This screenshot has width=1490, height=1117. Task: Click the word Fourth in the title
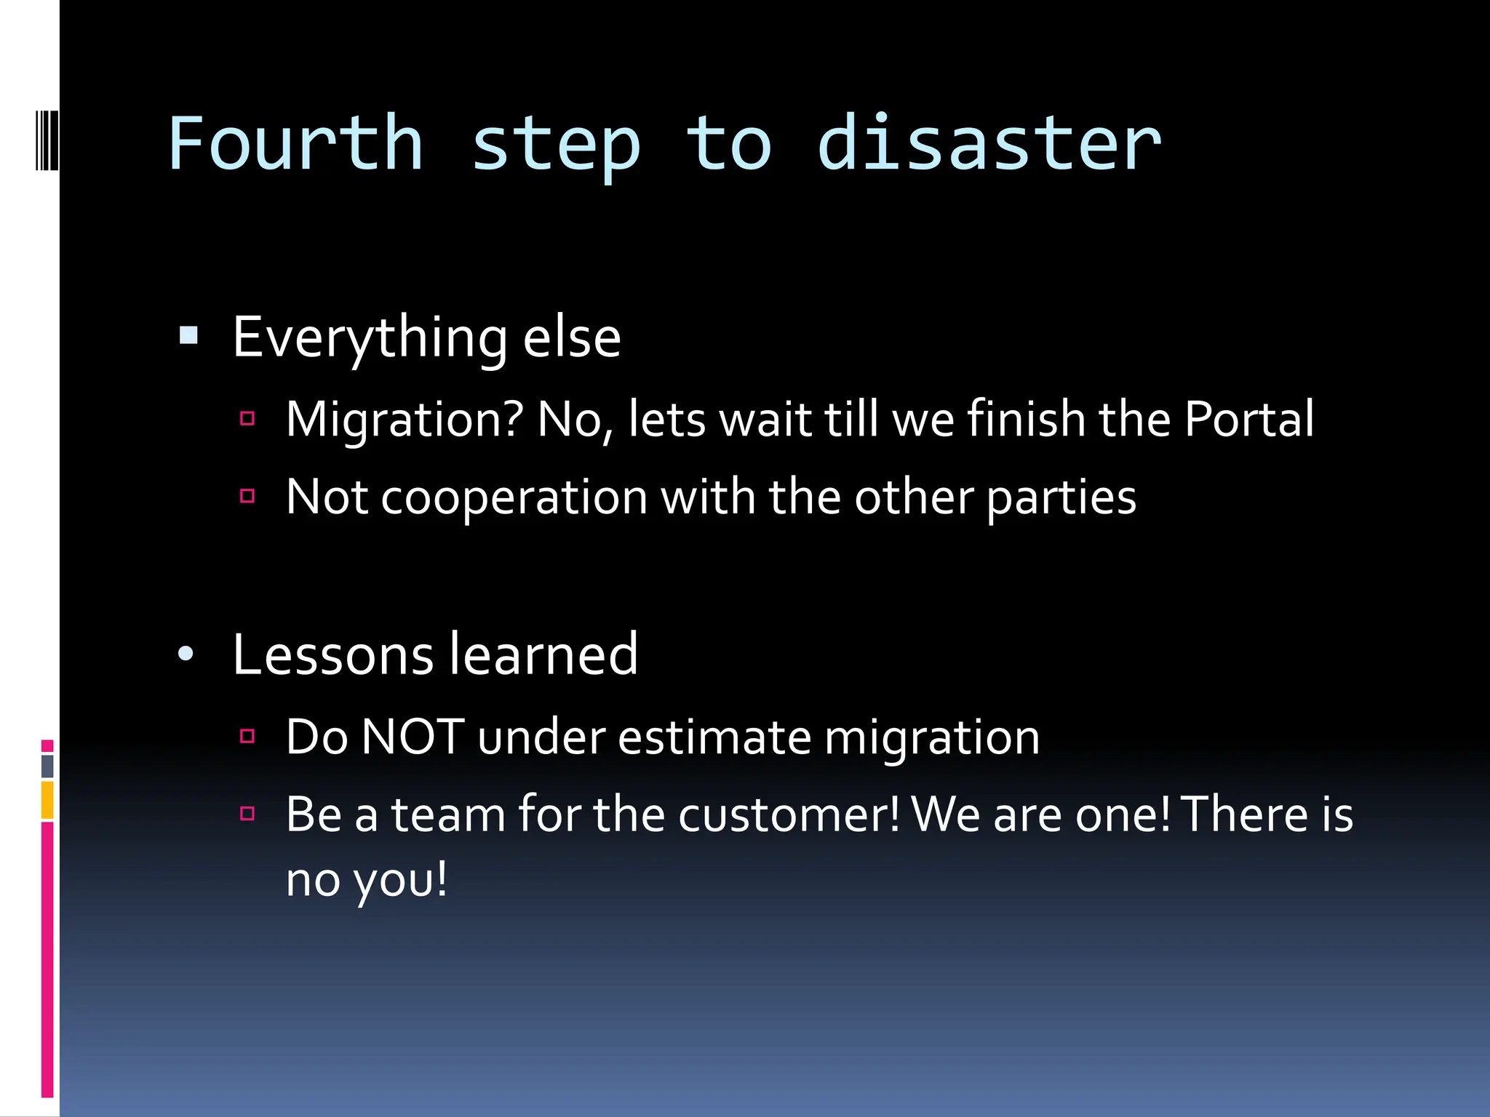(x=295, y=144)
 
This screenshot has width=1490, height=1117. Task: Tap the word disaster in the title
(x=989, y=144)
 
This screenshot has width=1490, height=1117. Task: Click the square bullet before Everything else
(x=188, y=335)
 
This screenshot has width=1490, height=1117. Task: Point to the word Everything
(x=370, y=339)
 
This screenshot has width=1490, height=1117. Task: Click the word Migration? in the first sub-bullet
(x=405, y=420)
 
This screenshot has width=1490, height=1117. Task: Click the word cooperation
(x=514, y=498)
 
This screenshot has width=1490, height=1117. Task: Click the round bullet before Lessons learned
(x=186, y=654)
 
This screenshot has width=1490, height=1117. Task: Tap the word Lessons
(x=332, y=654)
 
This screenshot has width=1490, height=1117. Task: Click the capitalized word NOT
(x=413, y=737)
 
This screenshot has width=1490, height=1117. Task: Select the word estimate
(x=714, y=737)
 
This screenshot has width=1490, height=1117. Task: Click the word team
(x=448, y=814)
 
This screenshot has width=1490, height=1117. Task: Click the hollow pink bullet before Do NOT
(x=247, y=736)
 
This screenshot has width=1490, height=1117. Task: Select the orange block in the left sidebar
(x=47, y=800)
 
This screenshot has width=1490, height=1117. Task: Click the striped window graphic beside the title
(x=46, y=140)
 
